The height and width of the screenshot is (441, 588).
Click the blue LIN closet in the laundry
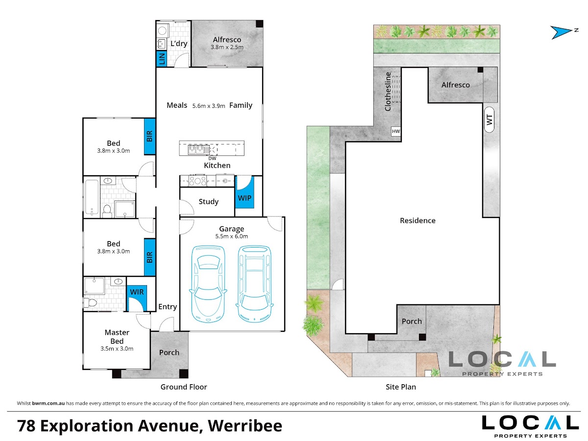162,59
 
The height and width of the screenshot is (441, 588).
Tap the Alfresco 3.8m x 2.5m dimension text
227,47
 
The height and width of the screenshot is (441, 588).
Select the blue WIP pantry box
245,192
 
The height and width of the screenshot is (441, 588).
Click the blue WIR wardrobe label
137,292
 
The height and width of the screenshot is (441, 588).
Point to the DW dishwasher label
212,158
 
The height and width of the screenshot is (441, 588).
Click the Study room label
208,201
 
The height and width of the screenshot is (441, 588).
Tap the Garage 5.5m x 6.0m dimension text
231,236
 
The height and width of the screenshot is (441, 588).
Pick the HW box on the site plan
395,131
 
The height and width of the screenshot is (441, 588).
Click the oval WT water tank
489,120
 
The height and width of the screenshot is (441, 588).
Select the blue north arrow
561,32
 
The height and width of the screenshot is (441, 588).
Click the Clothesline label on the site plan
388,92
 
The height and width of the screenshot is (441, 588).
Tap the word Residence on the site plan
417,220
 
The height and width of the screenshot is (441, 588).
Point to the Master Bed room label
117,337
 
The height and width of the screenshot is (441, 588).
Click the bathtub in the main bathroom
92,197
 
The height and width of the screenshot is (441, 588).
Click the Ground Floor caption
184,387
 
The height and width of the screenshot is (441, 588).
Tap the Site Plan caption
401,387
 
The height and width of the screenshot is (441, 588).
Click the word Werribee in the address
245,426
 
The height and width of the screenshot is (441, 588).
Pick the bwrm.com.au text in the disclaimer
48,403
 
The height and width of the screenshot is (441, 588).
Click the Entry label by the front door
168,307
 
